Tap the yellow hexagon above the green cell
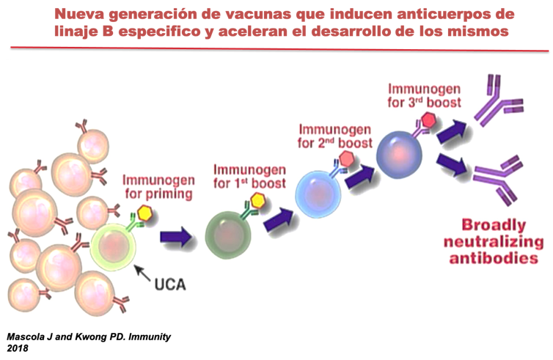click(x=258, y=200)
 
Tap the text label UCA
click(x=170, y=282)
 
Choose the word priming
click(x=169, y=194)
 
